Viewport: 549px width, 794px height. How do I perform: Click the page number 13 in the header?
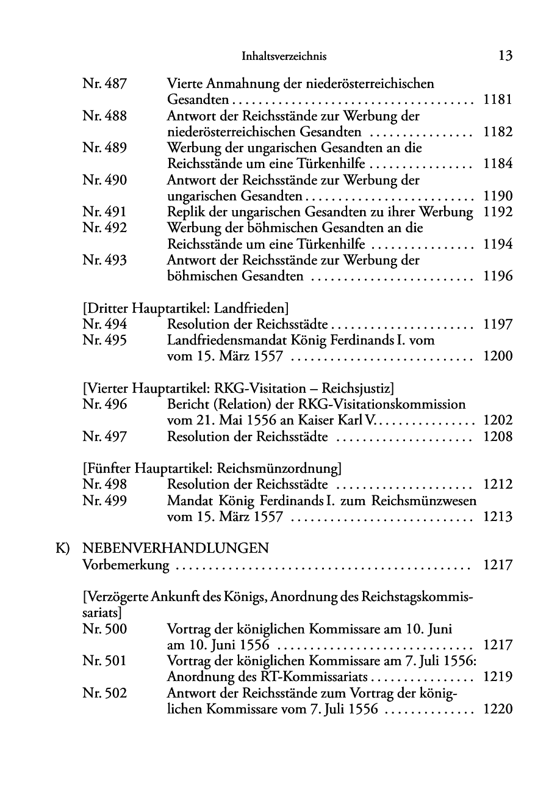pyautogui.click(x=504, y=56)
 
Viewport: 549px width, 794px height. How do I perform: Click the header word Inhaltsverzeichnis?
pyautogui.click(x=284, y=57)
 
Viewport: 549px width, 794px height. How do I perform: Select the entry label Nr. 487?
pyautogui.click(x=104, y=84)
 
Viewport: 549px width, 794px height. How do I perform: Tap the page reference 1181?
pyautogui.click(x=498, y=100)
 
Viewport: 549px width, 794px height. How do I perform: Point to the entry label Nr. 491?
pyautogui.click(x=104, y=212)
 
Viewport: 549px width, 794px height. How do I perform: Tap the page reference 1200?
pyautogui.click(x=498, y=356)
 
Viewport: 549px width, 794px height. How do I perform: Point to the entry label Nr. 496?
pyautogui.click(x=104, y=404)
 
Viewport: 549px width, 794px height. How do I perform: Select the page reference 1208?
pyautogui.click(x=498, y=436)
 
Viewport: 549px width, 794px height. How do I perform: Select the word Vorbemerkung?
pyautogui.click(x=126, y=565)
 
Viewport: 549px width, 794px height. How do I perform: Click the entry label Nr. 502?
pyautogui.click(x=104, y=693)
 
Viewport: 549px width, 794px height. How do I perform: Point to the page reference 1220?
pyautogui.click(x=498, y=709)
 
